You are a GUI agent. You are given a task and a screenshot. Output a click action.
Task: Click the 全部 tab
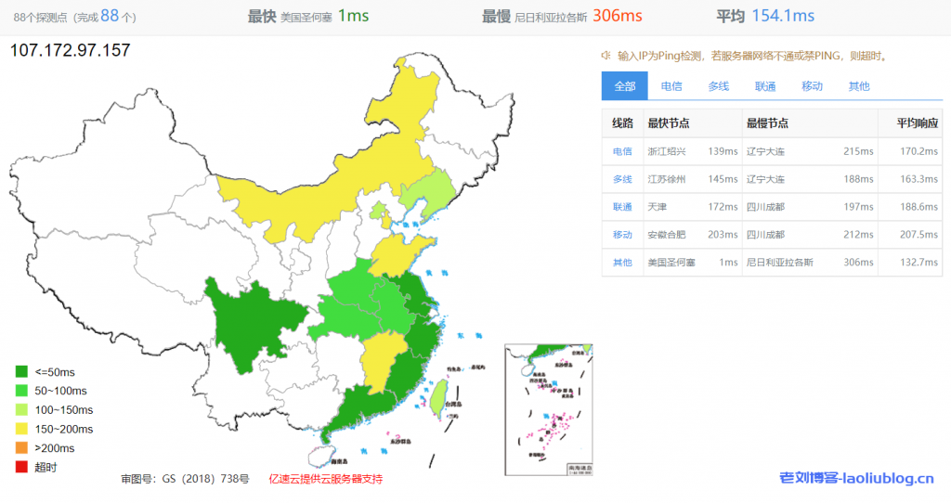click(x=624, y=86)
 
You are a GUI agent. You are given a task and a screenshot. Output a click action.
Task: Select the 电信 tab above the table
click(x=671, y=86)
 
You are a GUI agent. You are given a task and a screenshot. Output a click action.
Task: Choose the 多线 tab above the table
click(x=719, y=86)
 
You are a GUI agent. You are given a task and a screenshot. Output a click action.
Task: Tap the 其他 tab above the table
click(x=859, y=86)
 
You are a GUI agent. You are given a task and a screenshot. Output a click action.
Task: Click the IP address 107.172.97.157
click(x=70, y=51)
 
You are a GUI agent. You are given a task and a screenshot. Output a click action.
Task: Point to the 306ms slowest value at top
click(x=618, y=16)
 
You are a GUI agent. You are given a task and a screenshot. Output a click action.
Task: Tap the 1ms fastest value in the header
click(x=353, y=16)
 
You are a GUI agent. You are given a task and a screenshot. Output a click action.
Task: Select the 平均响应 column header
click(x=917, y=123)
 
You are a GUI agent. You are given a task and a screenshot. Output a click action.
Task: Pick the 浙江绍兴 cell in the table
click(x=666, y=151)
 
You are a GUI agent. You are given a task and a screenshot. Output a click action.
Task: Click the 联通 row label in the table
click(x=622, y=207)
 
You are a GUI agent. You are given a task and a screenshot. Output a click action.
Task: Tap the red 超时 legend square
click(x=21, y=467)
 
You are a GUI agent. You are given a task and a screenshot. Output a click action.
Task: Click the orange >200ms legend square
click(x=21, y=448)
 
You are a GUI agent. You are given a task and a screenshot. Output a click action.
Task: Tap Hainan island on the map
click(x=319, y=454)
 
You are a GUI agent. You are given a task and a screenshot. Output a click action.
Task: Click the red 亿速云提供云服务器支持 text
click(x=325, y=479)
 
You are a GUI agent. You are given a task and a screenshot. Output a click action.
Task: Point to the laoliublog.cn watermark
click(x=856, y=479)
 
